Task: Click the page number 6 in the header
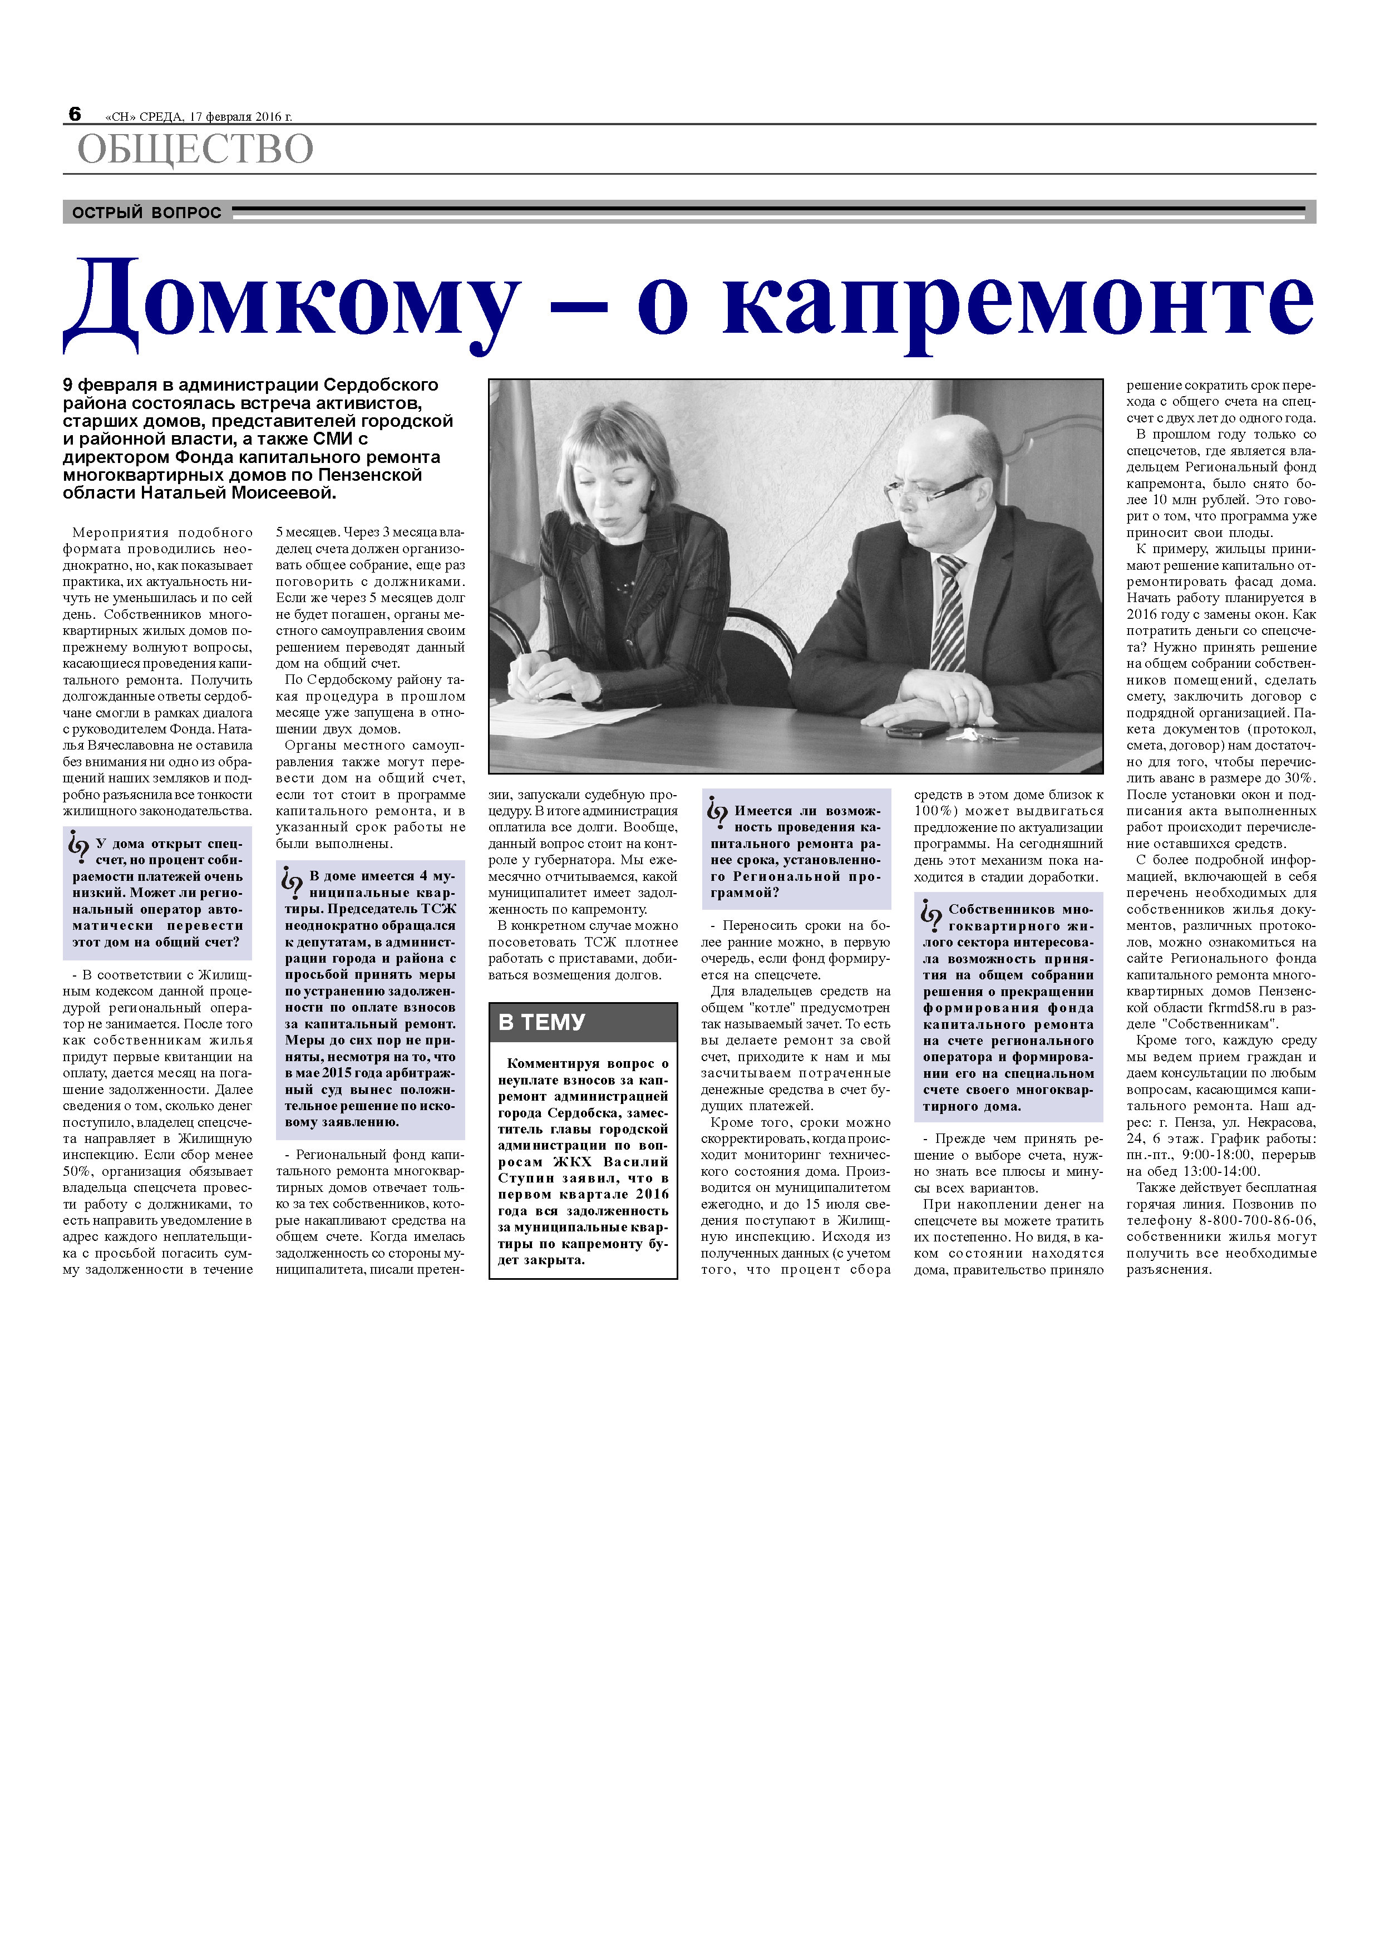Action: tap(75, 114)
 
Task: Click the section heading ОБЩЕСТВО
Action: tap(195, 150)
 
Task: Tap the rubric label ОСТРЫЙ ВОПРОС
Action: tap(146, 213)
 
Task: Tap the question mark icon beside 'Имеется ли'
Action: tap(717, 813)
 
